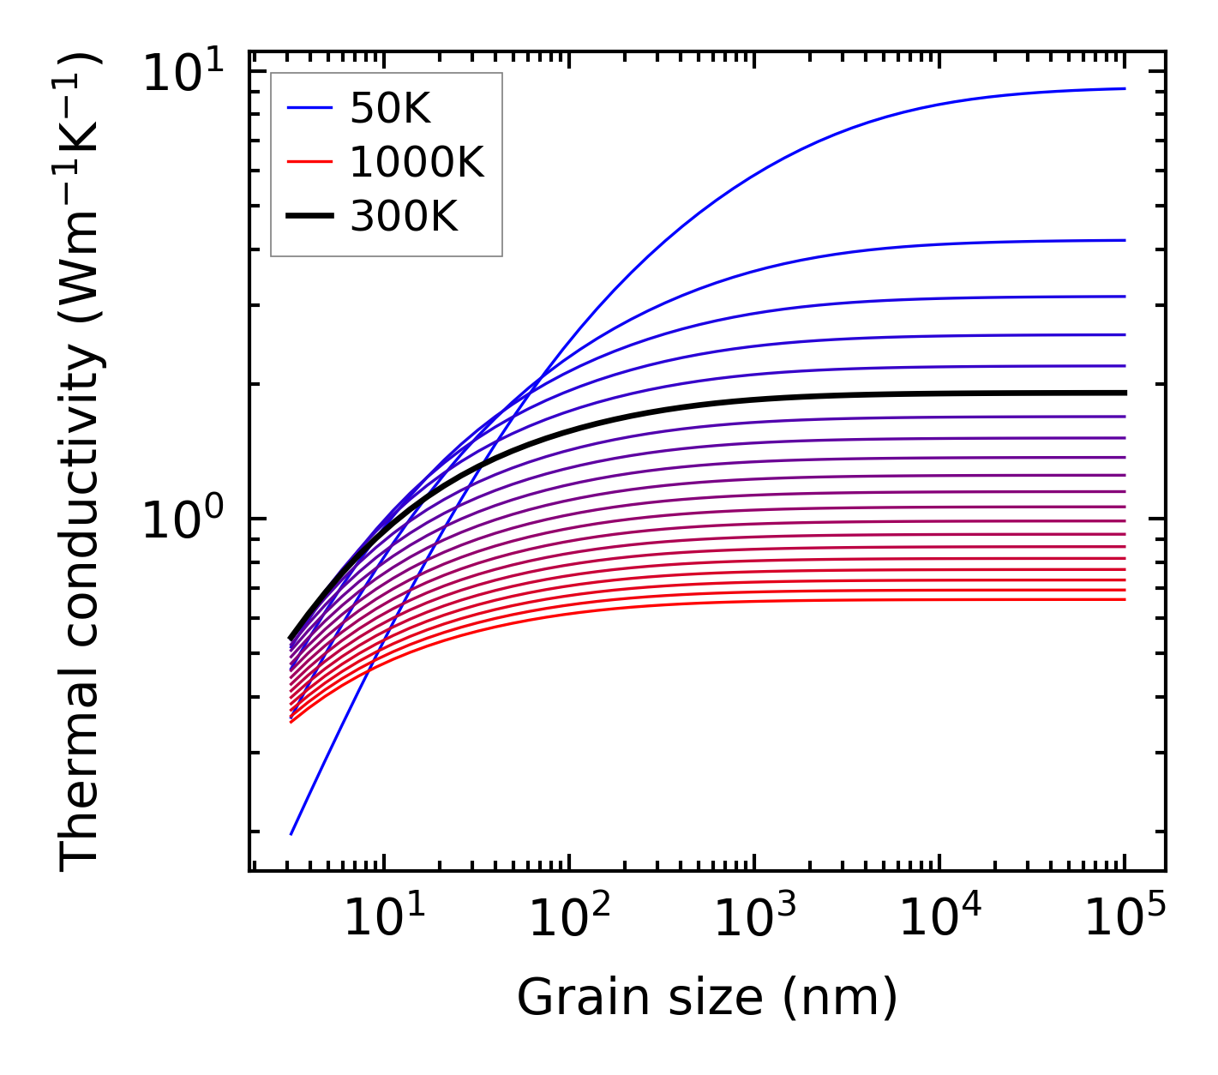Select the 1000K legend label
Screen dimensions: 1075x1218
(417, 162)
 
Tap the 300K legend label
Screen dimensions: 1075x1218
(404, 217)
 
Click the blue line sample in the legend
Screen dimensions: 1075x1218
(309, 108)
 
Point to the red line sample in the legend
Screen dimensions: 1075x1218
(309, 162)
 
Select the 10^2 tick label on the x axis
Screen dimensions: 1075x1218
(569, 919)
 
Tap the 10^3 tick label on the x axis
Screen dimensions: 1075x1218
(754, 919)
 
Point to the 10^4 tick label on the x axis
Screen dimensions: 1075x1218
(939, 919)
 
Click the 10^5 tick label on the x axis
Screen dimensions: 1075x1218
(1125, 919)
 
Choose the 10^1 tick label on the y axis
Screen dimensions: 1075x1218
(182, 74)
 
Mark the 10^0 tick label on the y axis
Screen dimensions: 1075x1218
(182, 519)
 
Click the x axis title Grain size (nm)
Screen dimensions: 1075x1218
(707, 998)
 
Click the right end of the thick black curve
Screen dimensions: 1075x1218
(1124, 393)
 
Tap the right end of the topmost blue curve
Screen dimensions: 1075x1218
(1124, 88)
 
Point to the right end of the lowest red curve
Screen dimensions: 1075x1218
(1124, 598)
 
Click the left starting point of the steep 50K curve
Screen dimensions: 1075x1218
(291, 833)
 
